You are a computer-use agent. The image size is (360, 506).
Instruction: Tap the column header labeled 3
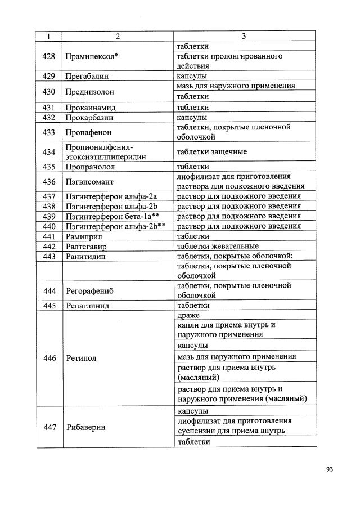coord(244,37)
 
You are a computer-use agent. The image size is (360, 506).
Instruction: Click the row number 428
coord(49,56)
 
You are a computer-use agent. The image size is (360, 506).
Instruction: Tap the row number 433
coord(49,132)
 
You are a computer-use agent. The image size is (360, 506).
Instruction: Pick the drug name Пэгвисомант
coord(89,181)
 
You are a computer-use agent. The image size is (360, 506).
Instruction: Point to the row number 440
coord(49,226)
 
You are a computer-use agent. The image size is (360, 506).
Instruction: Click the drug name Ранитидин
coord(86,256)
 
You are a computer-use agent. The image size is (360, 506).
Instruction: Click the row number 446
coord(49,358)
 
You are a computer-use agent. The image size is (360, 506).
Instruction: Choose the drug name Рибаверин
coord(86,427)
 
